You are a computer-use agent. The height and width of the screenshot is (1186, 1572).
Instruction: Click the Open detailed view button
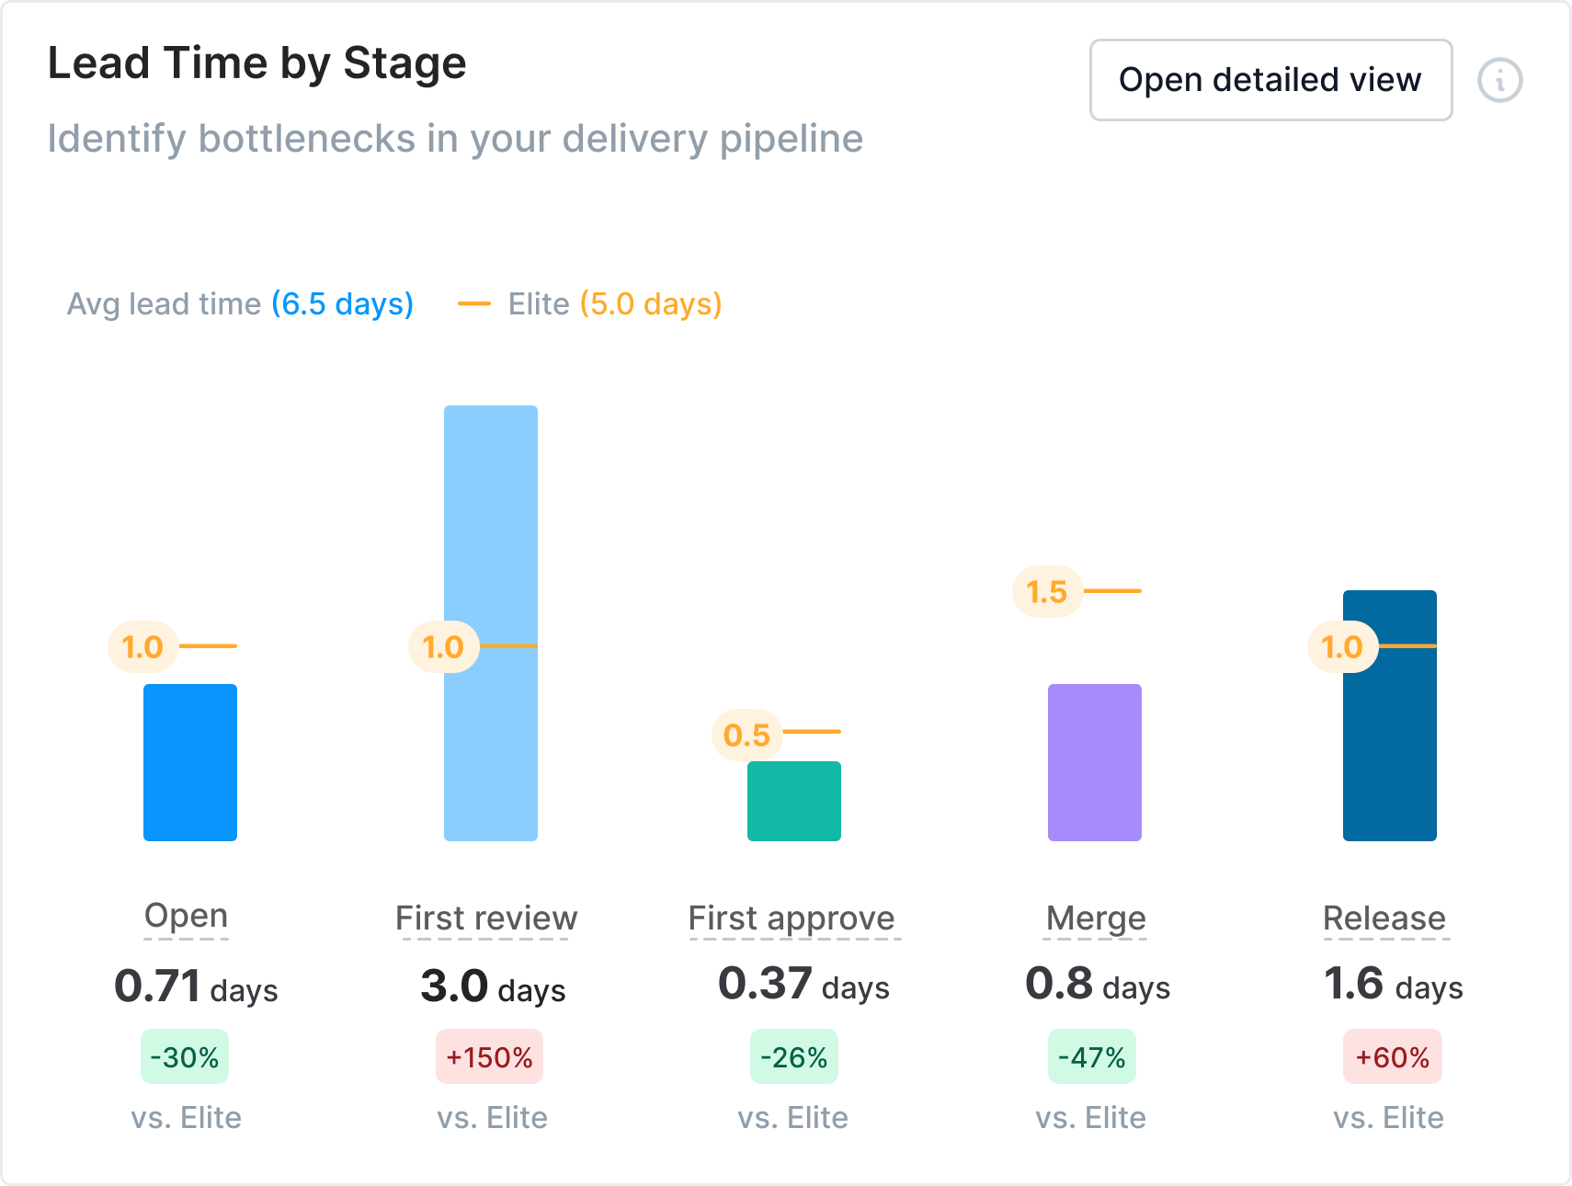pos(1270,80)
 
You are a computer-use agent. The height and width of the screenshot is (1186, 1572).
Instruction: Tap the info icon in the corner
pos(1499,80)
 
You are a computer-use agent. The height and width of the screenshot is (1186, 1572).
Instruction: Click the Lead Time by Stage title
pos(257,63)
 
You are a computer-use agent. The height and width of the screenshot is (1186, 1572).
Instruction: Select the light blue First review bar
pos(491,552)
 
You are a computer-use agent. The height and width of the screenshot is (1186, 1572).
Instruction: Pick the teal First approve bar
pos(794,801)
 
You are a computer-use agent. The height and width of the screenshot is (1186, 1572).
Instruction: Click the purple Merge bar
pos(1095,762)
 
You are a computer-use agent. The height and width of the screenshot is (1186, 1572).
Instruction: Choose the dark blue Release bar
pos(1390,736)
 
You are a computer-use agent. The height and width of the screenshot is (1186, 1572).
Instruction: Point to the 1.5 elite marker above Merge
pos(1047,592)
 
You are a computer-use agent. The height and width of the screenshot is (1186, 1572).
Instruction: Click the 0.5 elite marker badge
pos(746,736)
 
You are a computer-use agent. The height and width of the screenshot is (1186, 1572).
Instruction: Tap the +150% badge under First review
pos(489,1057)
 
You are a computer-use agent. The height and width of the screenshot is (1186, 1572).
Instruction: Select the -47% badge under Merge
pos(1092,1057)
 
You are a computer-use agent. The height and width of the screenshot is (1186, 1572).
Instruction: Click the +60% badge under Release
pos(1393,1057)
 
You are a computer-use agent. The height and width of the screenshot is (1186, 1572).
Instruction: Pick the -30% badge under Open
pos(185,1057)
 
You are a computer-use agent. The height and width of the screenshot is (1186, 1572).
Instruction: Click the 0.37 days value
pos(803,985)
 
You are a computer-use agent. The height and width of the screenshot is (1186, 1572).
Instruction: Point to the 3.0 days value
pos(493,987)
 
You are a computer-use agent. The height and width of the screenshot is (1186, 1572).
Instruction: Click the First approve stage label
pos(792,918)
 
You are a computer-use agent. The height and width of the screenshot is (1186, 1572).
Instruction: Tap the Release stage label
pos(1384,918)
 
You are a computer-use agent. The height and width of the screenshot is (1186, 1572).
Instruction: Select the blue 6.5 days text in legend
pos(342,304)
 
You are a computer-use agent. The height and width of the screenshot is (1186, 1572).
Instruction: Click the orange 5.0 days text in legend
pos(651,304)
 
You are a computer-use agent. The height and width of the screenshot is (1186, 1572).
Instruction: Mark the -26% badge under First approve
pos(794,1057)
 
